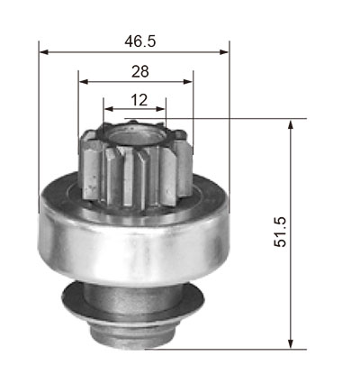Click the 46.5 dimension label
click(x=140, y=41)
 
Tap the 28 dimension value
click(x=140, y=71)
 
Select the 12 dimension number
click(x=139, y=100)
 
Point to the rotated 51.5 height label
click(x=280, y=232)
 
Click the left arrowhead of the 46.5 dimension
click(x=44, y=52)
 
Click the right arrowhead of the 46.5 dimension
click(x=224, y=52)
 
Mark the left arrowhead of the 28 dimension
click(x=83, y=81)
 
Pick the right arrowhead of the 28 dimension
click(x=188, y=81)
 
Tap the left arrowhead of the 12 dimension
click(x=108, y=109)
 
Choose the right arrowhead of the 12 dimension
click(x=160, y=109)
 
